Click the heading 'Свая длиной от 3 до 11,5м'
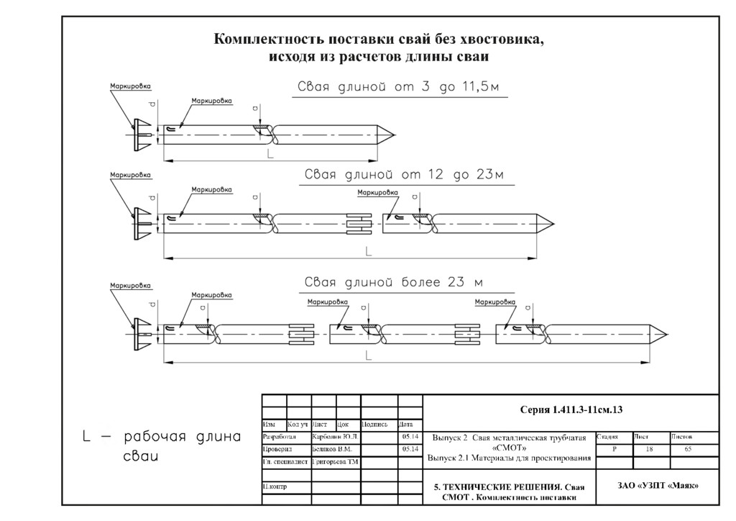coord(398,88)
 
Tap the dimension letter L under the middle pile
coord(368,251)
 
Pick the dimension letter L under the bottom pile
coord(368,355)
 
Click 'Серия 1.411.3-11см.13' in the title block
coord(571,409)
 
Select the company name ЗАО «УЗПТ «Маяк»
coord(658,485)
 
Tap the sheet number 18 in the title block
coord(650,449)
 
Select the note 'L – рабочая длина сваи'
coord(160,446)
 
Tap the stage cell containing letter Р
coord(614,449)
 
